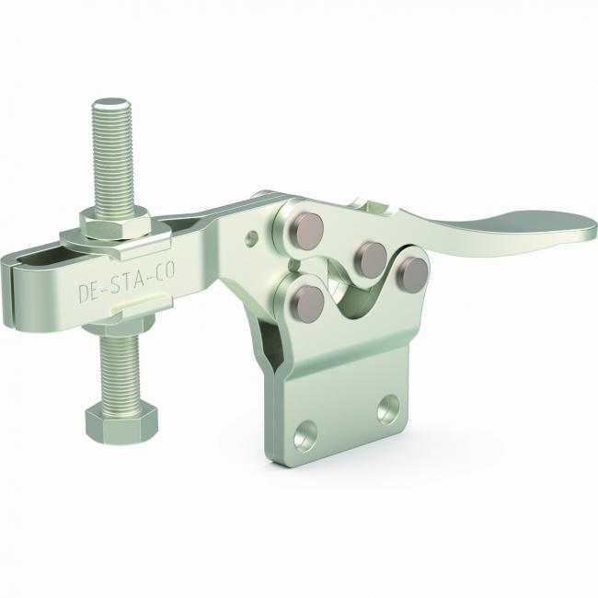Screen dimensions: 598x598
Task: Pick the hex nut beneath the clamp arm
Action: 119,324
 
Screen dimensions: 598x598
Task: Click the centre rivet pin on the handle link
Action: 371,258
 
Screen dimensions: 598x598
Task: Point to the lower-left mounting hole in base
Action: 305,435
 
